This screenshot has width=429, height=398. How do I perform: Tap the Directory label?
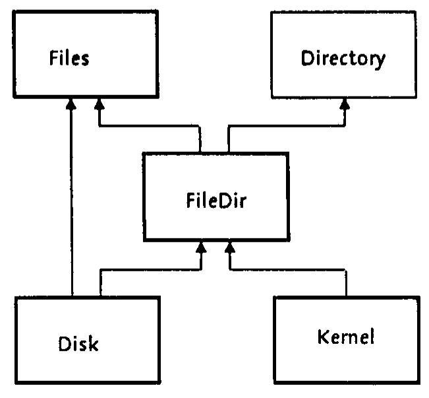343,59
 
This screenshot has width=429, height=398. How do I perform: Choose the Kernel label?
345,337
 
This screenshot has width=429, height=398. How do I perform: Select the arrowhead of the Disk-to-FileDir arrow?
201,248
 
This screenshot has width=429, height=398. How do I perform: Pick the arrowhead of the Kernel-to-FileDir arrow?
230,248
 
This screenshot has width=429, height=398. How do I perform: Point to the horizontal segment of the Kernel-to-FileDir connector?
287,270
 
